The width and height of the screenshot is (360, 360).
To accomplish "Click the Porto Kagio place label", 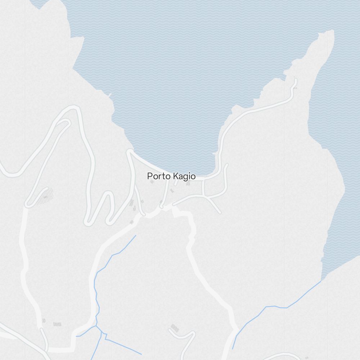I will (x=171, y=176).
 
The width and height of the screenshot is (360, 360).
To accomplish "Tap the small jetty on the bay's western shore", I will (x=109, y=95).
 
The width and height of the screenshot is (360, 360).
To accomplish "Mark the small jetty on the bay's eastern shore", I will (x=215, y=153).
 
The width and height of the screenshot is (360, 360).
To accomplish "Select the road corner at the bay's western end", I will (x=129, y=151).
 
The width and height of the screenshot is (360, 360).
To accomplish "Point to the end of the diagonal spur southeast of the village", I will (x=220, y=212).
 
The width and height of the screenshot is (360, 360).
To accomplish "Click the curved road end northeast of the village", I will (x=227, y=166).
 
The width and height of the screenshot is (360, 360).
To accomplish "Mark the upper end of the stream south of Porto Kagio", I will (x=136, y=235).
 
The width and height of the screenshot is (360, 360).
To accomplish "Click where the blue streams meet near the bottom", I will (x=96, y=326).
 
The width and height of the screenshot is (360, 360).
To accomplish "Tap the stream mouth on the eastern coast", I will (x=321, y=281).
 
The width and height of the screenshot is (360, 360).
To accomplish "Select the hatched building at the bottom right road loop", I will (x=175, y=328).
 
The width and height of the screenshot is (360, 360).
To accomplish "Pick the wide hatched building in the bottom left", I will (x=57, y=324).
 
